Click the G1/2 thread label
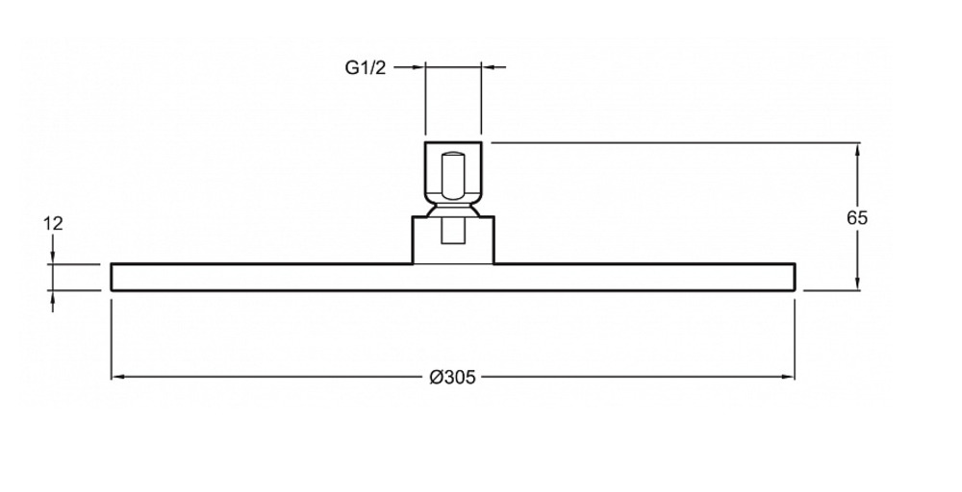point(366,67)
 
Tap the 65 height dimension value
point(857,217)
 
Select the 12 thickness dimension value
point(53,224)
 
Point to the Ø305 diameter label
point(453,378)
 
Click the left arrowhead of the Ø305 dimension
point(117,377)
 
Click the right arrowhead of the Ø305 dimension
point(788,377)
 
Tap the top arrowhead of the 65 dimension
point(857,150)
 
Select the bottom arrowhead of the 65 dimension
point(857,283)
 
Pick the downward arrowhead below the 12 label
point(53,258)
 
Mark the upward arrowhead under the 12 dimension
point(53,298)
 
